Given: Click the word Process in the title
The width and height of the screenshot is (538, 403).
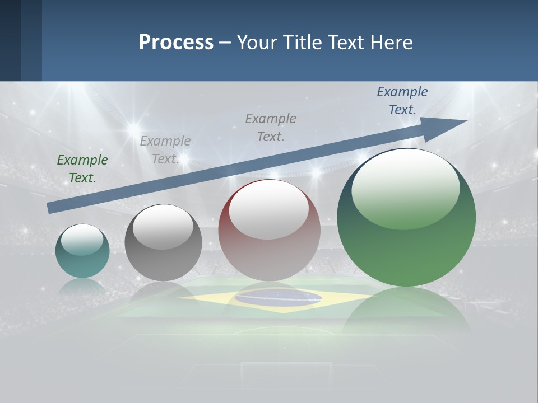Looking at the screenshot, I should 176,43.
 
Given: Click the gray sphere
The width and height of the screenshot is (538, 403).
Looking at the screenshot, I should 163,257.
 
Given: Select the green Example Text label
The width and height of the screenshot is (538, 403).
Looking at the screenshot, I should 82,168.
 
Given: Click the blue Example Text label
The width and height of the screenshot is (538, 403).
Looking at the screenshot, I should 402,100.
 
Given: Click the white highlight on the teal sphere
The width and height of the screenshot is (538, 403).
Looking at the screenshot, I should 82,240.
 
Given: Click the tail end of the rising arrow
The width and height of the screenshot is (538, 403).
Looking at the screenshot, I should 52,208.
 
